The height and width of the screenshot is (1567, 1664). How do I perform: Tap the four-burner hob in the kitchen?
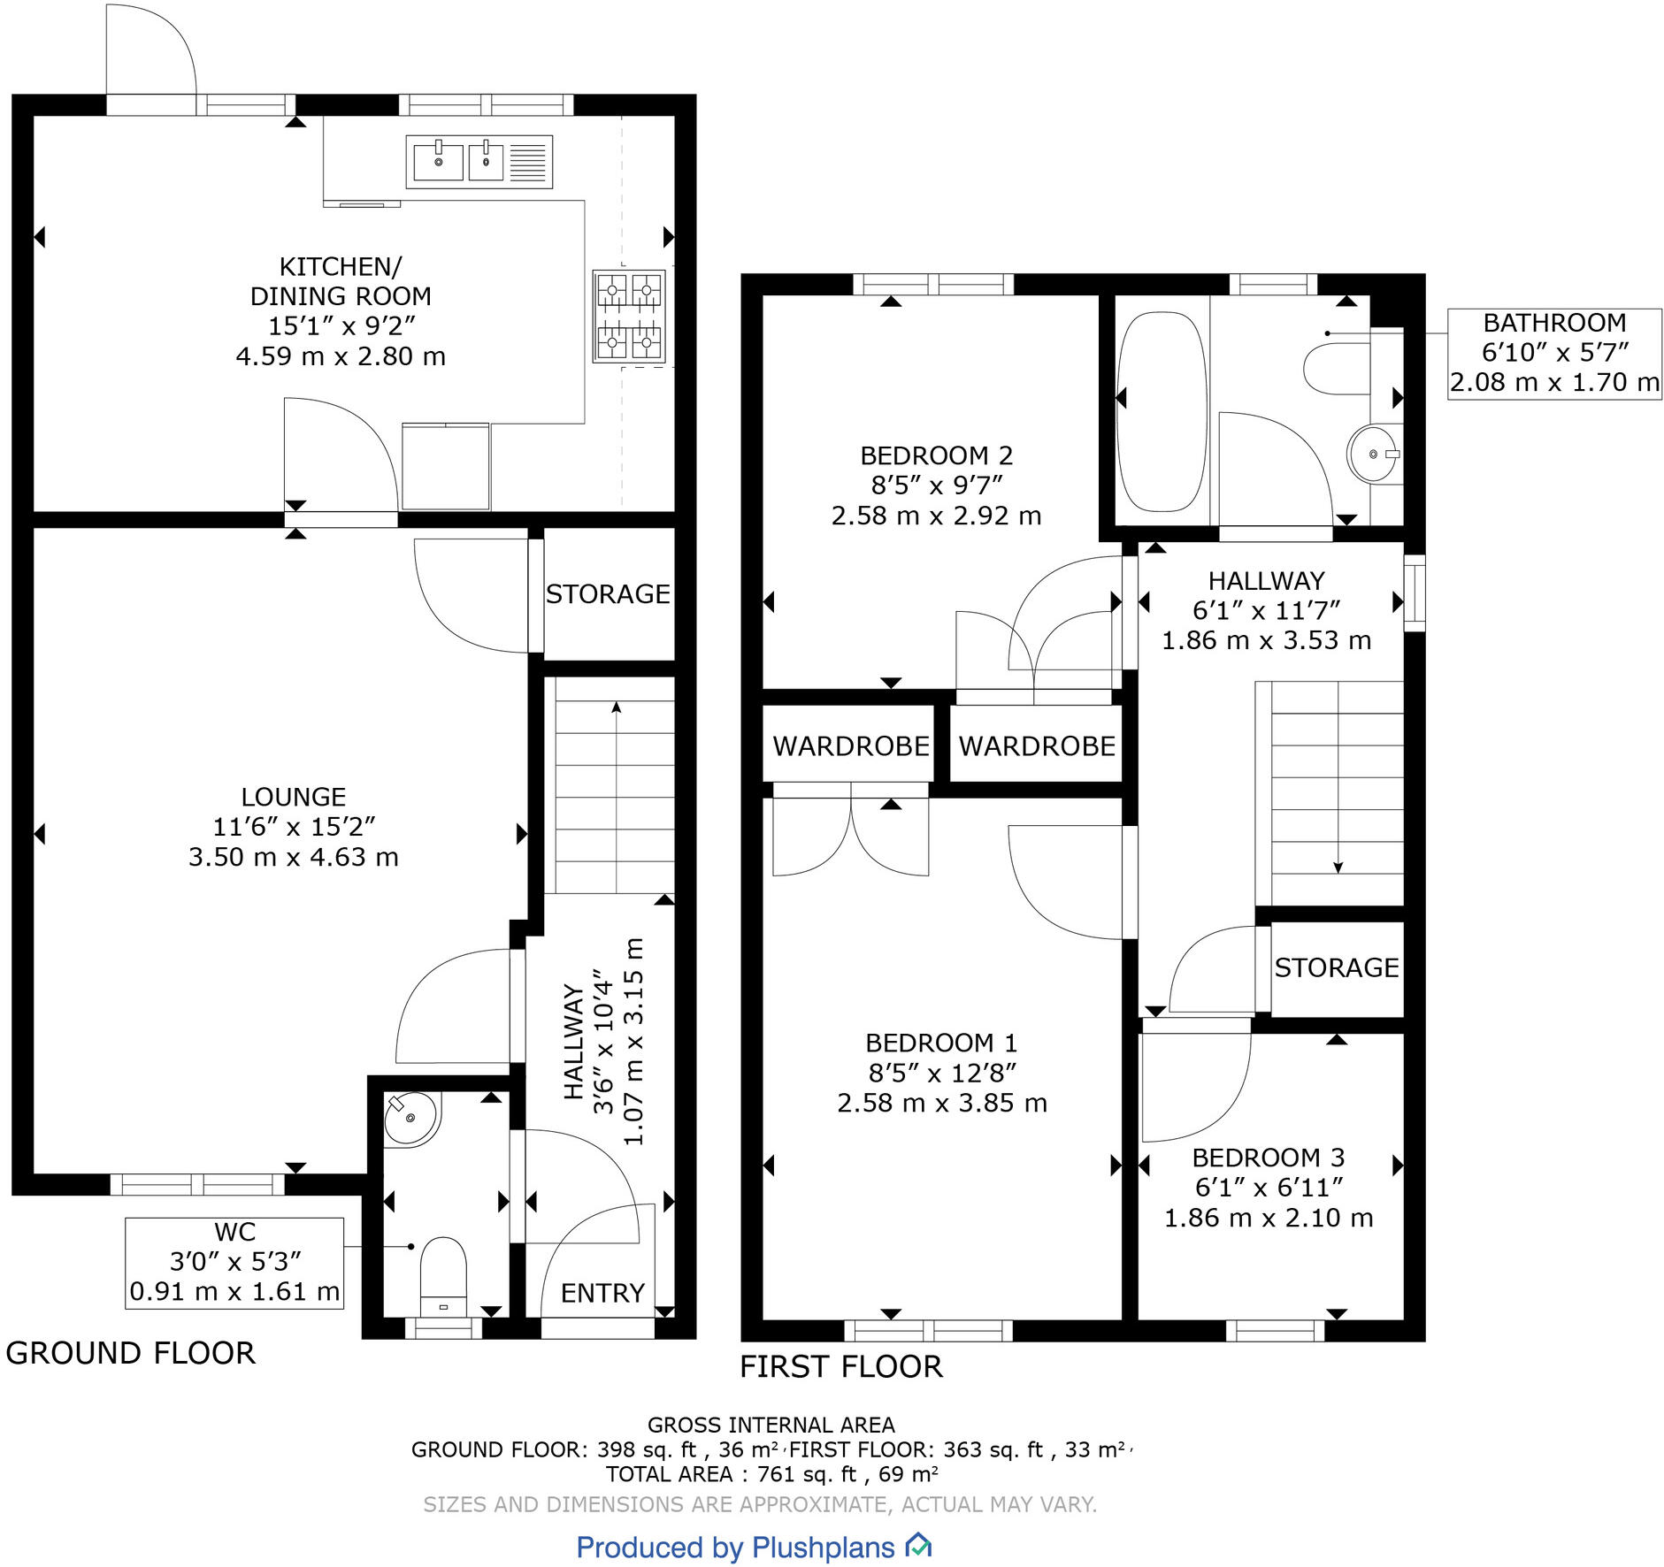[629, 316]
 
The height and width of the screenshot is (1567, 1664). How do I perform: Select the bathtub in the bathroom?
[1161, 411]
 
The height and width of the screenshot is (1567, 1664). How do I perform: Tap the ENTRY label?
[602, 1293]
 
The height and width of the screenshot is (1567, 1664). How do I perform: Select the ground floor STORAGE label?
[608, 594]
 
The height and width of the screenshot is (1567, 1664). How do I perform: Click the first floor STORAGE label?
[1336, 967]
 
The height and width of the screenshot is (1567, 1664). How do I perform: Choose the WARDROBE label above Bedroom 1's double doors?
[850, 746]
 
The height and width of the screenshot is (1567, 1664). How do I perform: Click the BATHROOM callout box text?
[1554, 353]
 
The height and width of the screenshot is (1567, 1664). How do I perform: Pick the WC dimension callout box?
[234, 1262]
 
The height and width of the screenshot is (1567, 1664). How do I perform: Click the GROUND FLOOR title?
[131, 1353]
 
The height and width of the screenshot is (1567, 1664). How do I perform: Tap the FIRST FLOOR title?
[841, 1366]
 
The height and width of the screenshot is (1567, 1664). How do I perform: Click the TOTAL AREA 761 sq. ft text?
[771, 1474]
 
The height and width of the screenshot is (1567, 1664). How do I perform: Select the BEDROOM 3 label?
[1268, 1158]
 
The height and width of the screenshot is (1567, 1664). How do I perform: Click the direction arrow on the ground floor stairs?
[616, 707]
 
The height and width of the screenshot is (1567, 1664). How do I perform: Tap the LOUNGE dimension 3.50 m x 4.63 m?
[294, 857]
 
